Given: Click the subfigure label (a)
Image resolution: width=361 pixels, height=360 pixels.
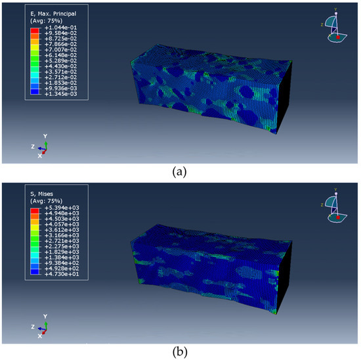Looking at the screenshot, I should tap(180, 172).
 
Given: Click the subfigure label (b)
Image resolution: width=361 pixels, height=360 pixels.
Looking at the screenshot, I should tap(180, 351).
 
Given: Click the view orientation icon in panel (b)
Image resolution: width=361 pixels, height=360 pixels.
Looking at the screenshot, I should tap(335, 208).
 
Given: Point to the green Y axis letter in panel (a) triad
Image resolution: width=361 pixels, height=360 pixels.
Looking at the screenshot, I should tap(45, 135).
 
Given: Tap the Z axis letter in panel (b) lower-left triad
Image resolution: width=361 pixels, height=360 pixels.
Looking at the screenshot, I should tap(33, 326).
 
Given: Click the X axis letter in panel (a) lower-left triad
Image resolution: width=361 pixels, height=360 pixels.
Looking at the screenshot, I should tap(40, 156).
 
